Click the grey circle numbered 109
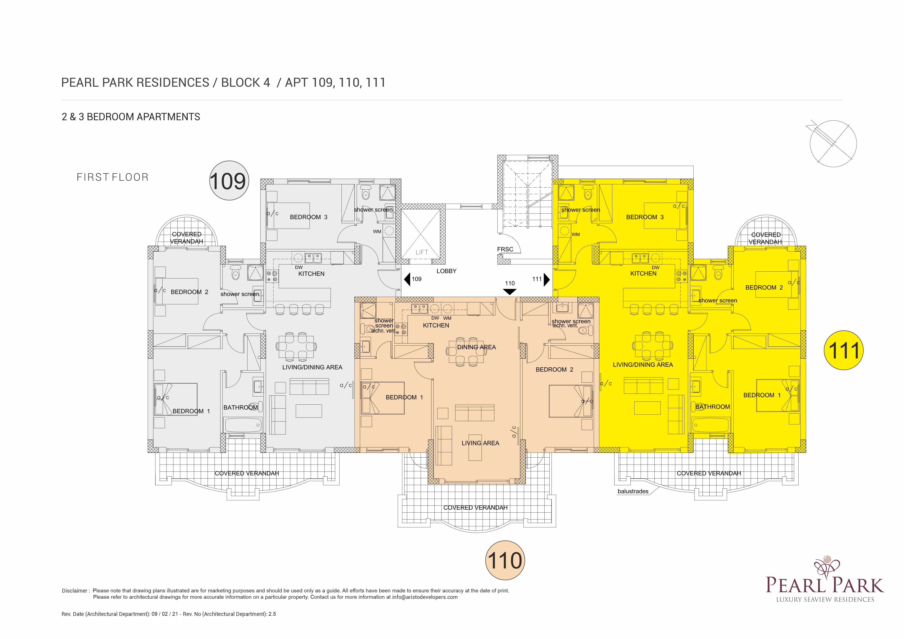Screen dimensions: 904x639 (x=229, y=181)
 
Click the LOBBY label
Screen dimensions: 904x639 (x=447, y=271)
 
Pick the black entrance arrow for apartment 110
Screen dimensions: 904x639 (x=510, y=292)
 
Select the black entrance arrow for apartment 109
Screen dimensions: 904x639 (x=407, y=279)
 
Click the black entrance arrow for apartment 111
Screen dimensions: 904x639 (x=547, y=279)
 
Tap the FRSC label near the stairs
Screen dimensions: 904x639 (x=505, y=249)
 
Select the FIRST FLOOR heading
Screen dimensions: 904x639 (x=113, y=177)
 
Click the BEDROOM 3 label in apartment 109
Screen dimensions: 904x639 (x=309, y=217)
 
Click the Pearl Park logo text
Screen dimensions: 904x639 (x=825, y=585)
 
